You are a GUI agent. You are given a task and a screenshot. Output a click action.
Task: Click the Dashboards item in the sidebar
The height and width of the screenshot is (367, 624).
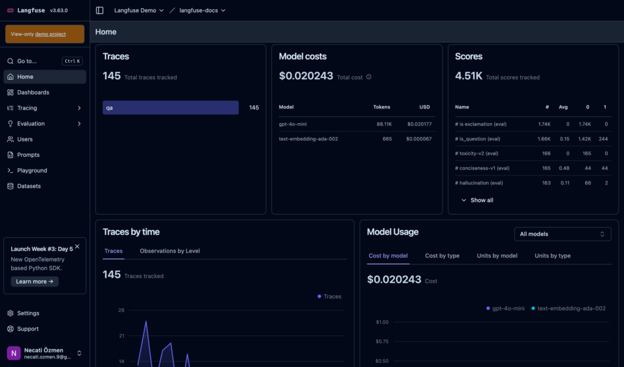click(33, 93)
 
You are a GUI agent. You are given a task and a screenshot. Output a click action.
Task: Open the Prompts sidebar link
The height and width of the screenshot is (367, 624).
click(28, 155)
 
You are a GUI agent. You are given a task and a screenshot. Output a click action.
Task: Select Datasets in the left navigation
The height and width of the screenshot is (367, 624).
click(29, 186)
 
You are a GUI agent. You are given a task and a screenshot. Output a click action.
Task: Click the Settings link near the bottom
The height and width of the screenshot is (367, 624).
click(28, 313)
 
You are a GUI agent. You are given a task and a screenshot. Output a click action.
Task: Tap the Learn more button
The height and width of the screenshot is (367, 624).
click(35, 282)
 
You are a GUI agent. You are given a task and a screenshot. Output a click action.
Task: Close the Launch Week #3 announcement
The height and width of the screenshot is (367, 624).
click(77, 246)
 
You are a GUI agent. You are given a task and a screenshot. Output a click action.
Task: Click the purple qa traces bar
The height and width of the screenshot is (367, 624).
click(171, 107)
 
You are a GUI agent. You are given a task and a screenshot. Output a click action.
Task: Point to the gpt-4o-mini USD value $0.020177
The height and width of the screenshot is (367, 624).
click(418, 124)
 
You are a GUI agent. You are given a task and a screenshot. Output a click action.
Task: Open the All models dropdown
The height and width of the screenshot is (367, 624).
click(562, 234)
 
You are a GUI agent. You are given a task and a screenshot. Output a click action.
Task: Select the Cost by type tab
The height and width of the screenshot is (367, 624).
click(442, 256)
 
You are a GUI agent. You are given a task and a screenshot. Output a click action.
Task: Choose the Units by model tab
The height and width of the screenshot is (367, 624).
click(497, 256)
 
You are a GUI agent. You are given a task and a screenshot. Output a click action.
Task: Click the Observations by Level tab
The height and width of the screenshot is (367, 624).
click(169, 251)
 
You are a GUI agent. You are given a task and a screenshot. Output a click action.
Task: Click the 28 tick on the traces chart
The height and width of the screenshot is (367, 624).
click(121, 310)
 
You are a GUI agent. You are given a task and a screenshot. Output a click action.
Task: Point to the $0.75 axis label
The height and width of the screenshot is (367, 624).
click(382, 341)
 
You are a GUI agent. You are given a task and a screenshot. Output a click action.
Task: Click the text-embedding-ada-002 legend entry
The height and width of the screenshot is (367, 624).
click(571, 308)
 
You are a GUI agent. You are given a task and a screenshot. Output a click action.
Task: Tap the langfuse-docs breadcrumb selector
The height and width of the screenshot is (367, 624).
click(202, 10)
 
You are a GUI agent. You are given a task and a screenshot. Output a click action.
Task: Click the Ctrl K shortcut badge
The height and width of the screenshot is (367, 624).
click(72, 61)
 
